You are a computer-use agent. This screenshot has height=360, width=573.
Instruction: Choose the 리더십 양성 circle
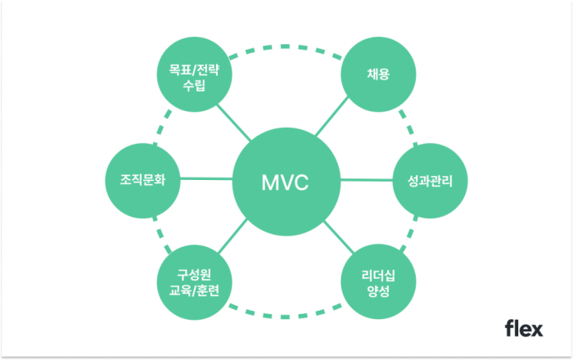click(x=377, y=282)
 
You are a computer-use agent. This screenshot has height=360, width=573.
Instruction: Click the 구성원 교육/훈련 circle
click(x=193, y=282)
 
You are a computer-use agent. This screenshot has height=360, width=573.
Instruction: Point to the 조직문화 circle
click(x=143, y=181)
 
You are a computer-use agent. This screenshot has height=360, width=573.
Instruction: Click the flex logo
click(x=523, y=328)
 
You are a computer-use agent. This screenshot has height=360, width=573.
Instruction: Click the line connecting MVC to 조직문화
click(x=204, y=178)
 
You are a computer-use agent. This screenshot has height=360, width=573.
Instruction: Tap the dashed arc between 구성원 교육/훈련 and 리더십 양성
click(x=285, y=311)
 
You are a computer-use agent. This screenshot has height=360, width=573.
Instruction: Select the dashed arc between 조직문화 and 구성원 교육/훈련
click(x=162, y=237)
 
